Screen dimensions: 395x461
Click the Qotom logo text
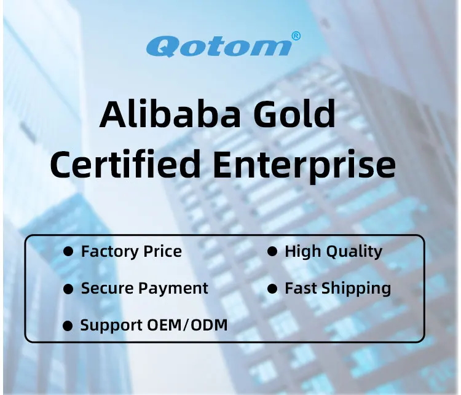[218, 46]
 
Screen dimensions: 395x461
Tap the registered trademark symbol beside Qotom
[296, 36]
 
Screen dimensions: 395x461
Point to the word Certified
[125, 164]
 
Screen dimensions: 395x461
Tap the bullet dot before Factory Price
[69, 252]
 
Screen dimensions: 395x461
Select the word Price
[162, 251]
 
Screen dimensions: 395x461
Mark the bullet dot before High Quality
[272, 252]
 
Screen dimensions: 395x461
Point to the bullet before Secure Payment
[69, 289]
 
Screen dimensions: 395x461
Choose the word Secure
[106, 288]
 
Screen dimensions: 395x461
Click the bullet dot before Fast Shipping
[272, 289]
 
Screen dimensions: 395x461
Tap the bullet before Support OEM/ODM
[68, 326]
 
